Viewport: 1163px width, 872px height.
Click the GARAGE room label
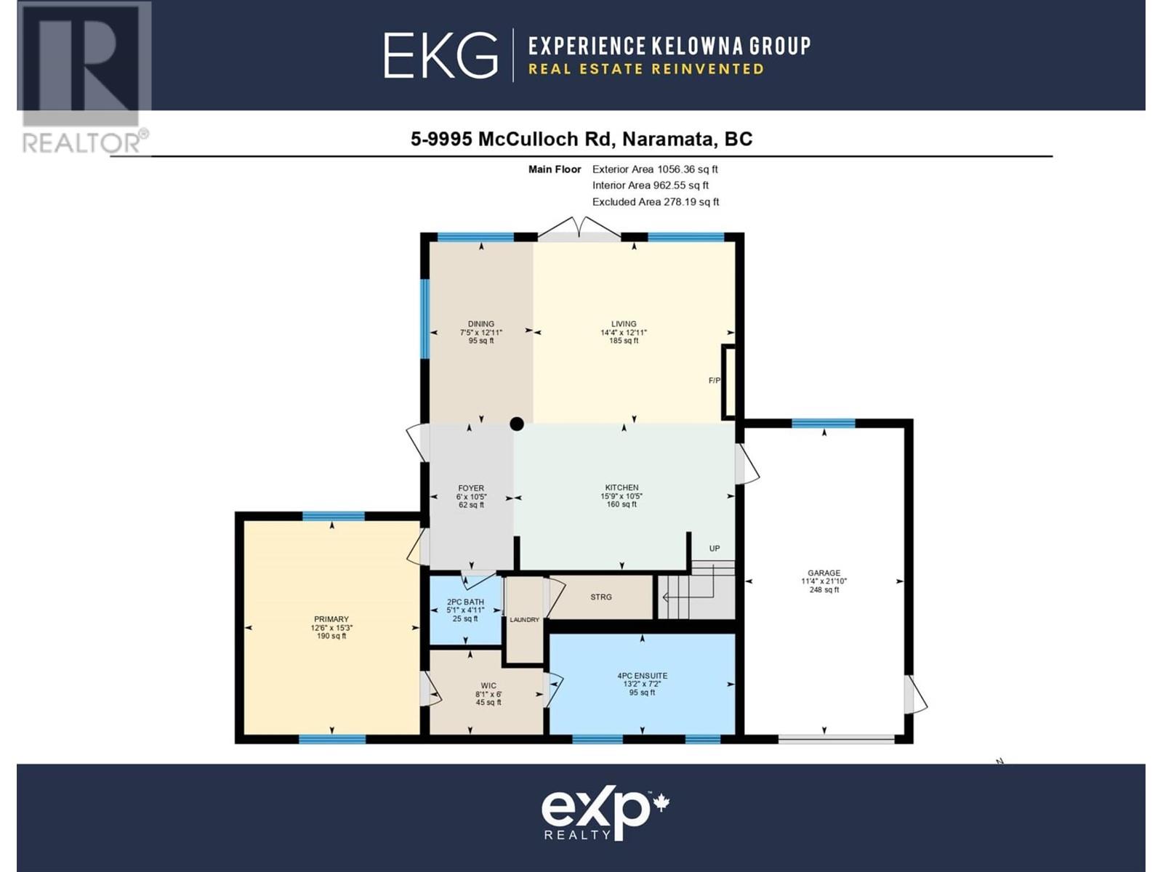tap(824, 573)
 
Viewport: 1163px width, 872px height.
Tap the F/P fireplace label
tap(715, 380)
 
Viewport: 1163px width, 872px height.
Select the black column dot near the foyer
tap(517, 424)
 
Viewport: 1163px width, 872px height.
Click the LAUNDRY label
tap(525, 619)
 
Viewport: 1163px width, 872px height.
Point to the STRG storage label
tap(601, 597)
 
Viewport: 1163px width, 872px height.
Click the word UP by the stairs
tap(715, 549)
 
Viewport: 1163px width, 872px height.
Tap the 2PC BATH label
tap(465, 602)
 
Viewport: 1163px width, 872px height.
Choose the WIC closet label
tap(488, 686)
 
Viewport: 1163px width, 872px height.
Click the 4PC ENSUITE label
tap(642, 676)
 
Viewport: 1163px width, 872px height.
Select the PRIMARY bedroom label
tap(331, 619)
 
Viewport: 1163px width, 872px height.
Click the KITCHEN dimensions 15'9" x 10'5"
tap(622, 496)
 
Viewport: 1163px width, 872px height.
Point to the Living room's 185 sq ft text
tap(624, 340)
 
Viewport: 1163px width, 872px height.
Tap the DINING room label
tap(481, 323)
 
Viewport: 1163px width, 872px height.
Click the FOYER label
tap(471, 488)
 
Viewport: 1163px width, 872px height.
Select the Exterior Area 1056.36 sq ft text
tap(655, 169)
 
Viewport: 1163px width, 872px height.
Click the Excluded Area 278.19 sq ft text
tap(656, 202)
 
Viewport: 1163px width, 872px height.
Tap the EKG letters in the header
tap(440, 56)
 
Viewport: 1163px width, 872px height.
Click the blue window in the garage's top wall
tap(824, 423)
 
